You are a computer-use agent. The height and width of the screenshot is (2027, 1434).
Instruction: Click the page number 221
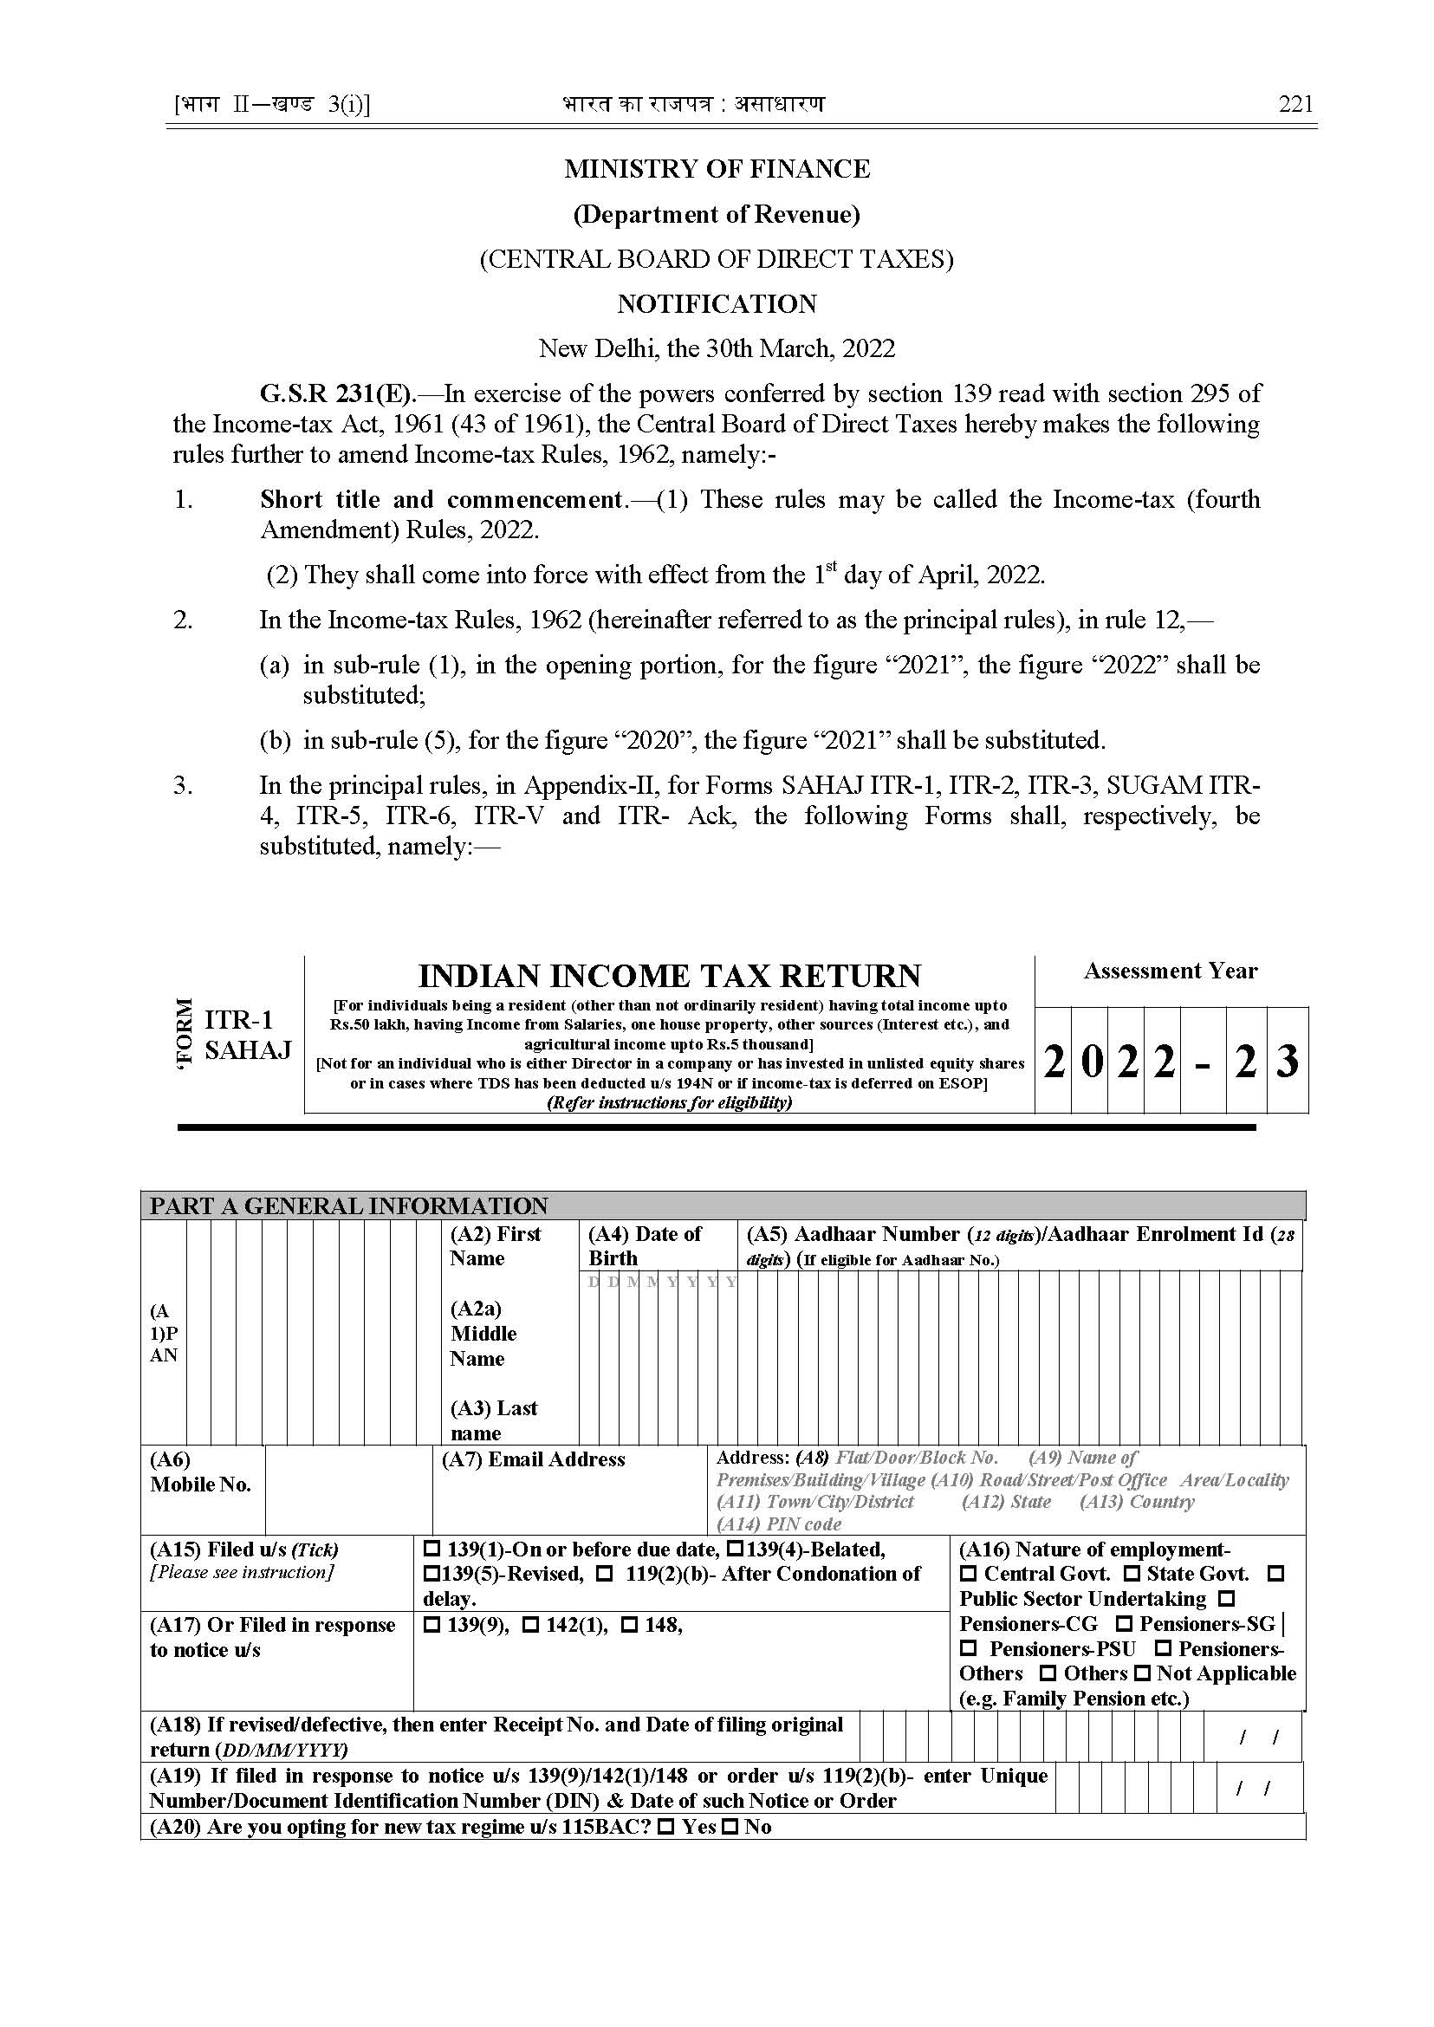tap(1295, 104)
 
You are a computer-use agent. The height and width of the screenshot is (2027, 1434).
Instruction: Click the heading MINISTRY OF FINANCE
tap(717, 169)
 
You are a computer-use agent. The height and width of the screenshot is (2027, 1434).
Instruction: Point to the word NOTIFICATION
tap(717, 304)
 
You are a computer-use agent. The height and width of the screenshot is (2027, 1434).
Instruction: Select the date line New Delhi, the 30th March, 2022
tap(717, 349)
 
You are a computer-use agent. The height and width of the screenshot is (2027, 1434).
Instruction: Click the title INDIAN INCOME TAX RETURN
tap(668, 976)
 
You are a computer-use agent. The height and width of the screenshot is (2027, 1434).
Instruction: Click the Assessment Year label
tap(1170, 971)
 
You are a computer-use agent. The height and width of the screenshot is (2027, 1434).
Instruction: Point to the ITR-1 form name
tap(239, 1020)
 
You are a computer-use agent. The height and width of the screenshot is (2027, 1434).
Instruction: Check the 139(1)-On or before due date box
tap(431, 1549)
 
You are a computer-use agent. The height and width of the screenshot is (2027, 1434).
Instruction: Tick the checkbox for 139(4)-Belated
tap(735, 1549)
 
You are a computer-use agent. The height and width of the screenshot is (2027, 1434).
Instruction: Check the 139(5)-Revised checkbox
tap(431, 1574)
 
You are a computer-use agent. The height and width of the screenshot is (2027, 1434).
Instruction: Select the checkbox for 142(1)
tap(529, 1625)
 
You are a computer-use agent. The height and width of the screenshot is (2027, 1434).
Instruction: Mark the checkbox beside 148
tap(629, 1625)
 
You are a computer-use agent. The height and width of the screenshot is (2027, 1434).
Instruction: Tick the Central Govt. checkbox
tap(969, 1574)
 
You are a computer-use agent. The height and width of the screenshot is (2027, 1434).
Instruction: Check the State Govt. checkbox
tap(1131, 1574)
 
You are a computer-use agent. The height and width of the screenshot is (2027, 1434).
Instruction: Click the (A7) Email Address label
tap(533, 1460)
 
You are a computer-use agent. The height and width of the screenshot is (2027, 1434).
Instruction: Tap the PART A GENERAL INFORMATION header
tap(349, 1205)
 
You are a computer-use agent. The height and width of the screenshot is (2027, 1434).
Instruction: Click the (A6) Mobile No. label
tap(200, 1472)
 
